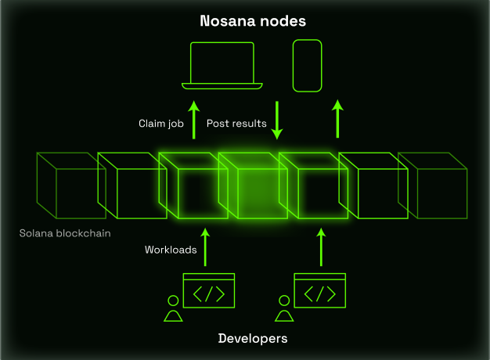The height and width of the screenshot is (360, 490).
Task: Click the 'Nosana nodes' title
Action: click(253, 21)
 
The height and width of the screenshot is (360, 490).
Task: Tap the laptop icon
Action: click(222, 85)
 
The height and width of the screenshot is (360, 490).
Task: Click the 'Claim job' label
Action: click(161, 124)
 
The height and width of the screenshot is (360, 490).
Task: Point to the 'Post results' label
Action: click(236, 124)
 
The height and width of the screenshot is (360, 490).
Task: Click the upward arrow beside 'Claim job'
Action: click(194, 120)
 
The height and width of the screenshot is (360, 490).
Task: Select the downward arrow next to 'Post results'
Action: click(277, 121)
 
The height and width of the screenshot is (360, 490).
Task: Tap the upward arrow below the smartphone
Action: click(337, 119)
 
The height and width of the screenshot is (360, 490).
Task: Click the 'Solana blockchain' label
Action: click(65, 233)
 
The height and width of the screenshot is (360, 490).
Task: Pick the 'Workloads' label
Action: click(171, 250)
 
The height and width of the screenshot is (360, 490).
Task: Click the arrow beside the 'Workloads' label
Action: click(205, 247)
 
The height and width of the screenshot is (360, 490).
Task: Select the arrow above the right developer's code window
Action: click(321, 247)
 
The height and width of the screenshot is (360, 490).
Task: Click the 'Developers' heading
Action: click(253, 338)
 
